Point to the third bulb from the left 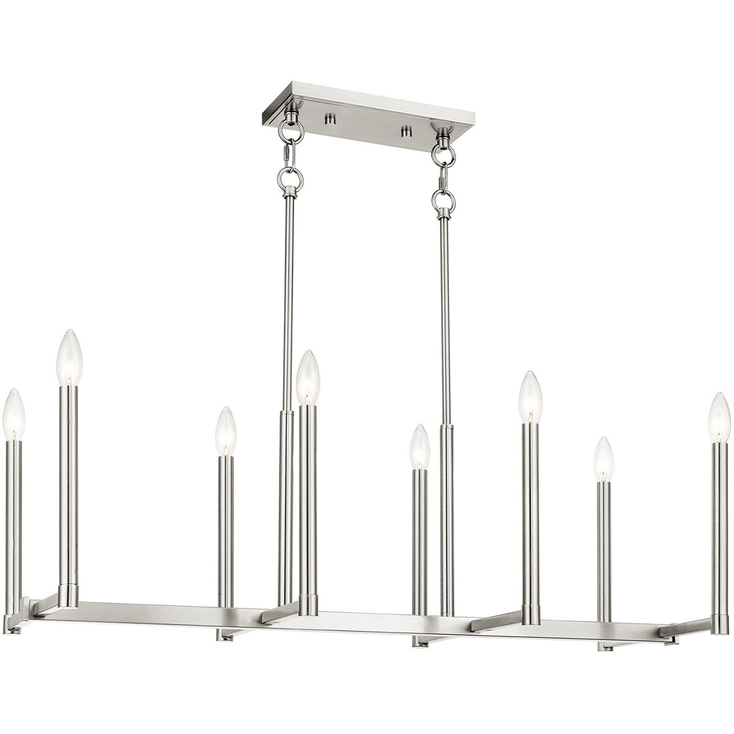click(x=225, y=430)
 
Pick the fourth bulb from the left click(x=309, y=377)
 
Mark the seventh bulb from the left click(x=603, y=459)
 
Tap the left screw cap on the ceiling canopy click(x=330, y=117)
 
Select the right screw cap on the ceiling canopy click(x=404, y=131)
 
